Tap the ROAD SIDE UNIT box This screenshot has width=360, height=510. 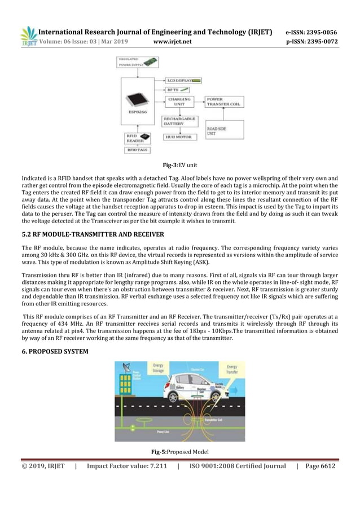(x=224, y=130)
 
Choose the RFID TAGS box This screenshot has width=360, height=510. (x=137, y=150)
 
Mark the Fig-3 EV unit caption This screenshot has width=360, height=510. (x=179, y=165)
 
